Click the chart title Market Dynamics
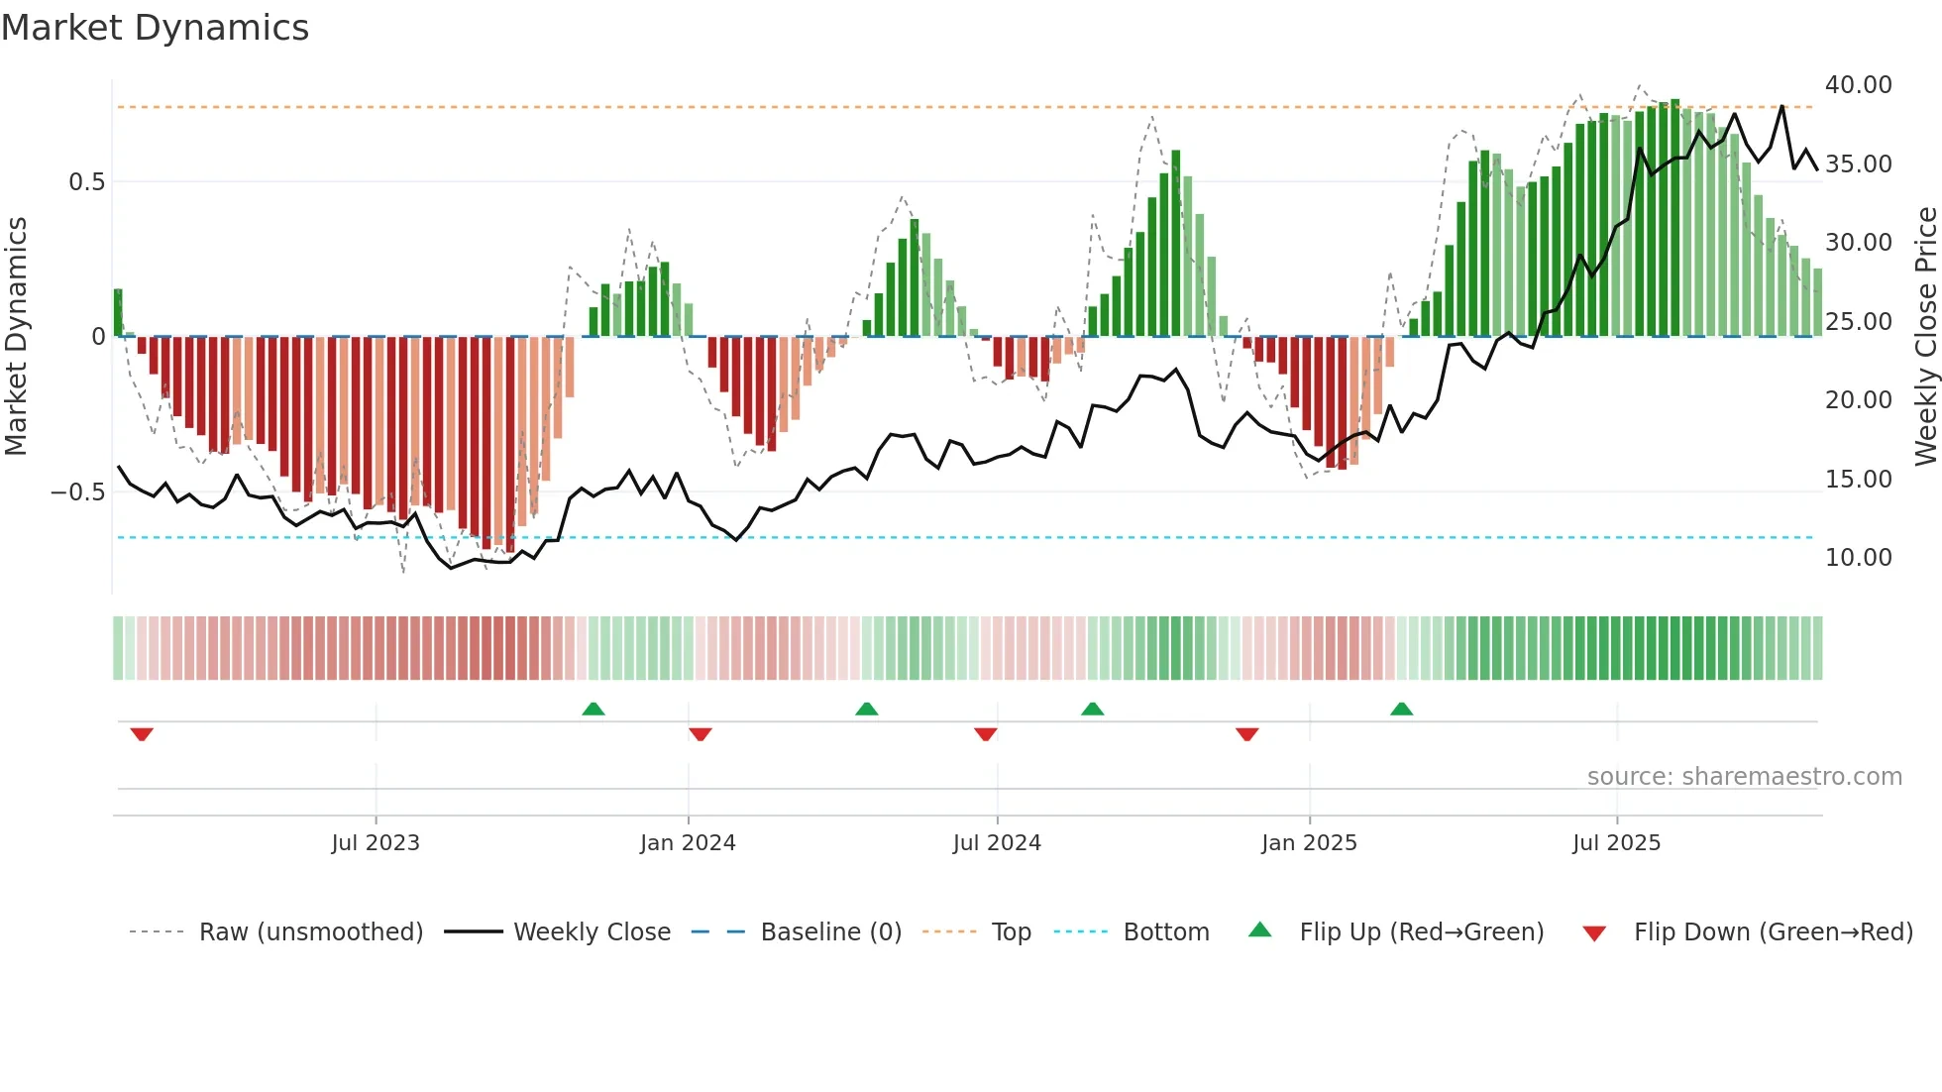(x=156, y=28)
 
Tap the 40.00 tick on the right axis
(x=1858, y=85)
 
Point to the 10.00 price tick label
(x=1858, y=558)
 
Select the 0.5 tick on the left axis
(x=86, y=182)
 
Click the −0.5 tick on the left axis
(x=78, y=492)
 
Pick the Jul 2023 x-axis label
(x=376, y=843)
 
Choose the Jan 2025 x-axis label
(x=1309, y=843)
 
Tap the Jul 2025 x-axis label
(x=1616, y=843)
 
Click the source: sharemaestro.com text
(x=1744, y=777)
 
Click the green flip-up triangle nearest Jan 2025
(x=1401, y=709)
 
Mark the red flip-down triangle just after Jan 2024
(x=701, y=734)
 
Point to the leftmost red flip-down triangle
(x=142, y=734)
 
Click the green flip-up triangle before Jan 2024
(x=593, y=709)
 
